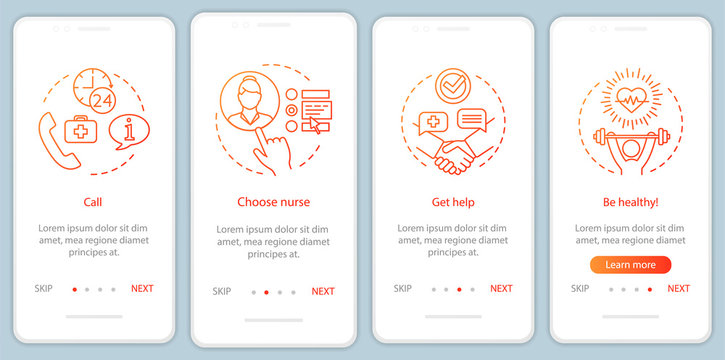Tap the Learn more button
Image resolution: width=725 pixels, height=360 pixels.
pyautogui.click(x=630, y=265)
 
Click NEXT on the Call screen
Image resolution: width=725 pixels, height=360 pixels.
pyautogui.click(x=142, y=289)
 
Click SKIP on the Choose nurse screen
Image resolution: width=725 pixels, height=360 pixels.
pyautogui.click(x=222, y=292)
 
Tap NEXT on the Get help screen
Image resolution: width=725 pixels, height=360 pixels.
pyautogui.click(x=501, y=289)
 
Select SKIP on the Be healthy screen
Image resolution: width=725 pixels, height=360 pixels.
pyautogui.click(x=580, y=289)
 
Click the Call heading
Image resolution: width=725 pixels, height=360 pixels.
pyautogui.click(x=92, y=201)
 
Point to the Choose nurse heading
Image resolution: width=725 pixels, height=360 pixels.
pyautogui.click(x=271, y=201)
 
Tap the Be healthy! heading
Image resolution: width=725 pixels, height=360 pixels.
pyautogui.click(x=630, y=201)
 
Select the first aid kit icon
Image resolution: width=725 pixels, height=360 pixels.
pyautogui.click(x=87, y=132)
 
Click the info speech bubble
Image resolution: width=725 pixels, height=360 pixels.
pyautogui.click(x=129, y=131)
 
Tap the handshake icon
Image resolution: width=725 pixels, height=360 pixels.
pyautogui.click(x=456, y=156)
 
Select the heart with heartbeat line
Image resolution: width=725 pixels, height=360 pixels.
pyautogui.click(x=629, y=100)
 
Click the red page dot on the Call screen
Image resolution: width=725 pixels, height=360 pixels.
pyautogui.click(x=73, y=289)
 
